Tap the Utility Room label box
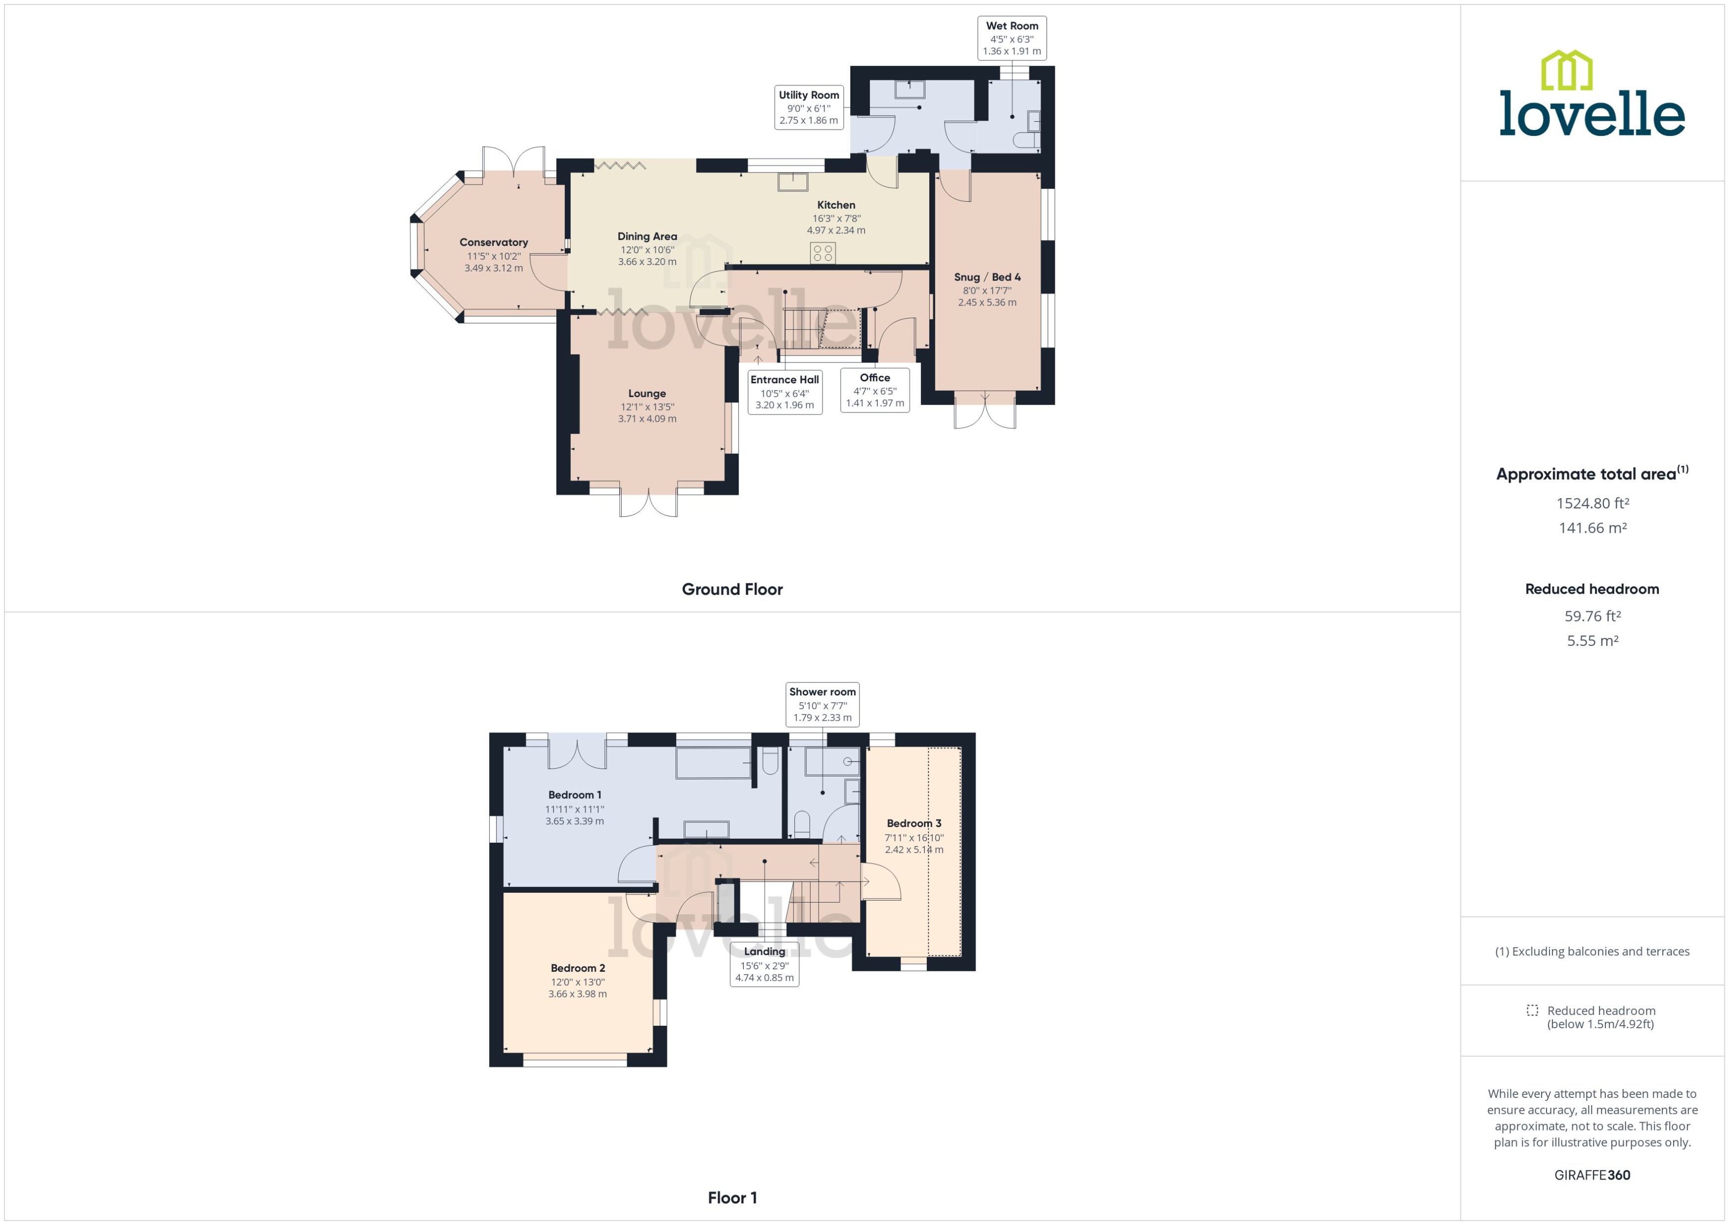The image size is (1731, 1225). click(809, 108)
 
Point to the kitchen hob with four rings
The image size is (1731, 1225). click(823, 253)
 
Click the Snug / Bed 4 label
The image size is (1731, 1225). click(987, 277)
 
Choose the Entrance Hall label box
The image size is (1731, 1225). click(784, 392)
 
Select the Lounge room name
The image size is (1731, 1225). click(647, 394)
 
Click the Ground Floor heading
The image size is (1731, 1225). click(731, 589)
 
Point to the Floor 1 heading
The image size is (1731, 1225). click(731, 1198)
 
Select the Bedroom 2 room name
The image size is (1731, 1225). click(578, 968)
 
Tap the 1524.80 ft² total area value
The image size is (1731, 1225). click(1592, 503)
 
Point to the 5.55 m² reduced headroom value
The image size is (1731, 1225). click(1592, 640)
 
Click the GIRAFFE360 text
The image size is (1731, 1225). click(1592, 1175)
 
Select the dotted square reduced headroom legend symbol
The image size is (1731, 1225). click(1532, 1010)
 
